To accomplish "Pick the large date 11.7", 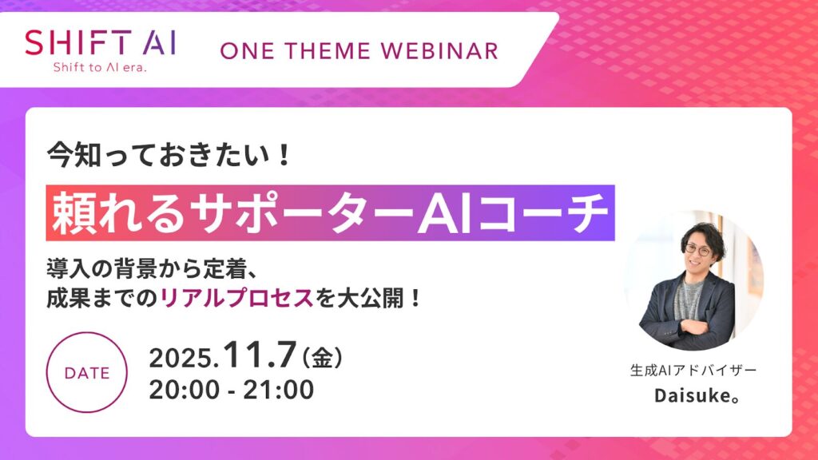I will [x=257, y=354].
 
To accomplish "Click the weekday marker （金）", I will [x=320, y=357].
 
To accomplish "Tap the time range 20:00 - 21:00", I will [x=232, y=391].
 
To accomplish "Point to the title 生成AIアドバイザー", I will [x=693, y=370].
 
